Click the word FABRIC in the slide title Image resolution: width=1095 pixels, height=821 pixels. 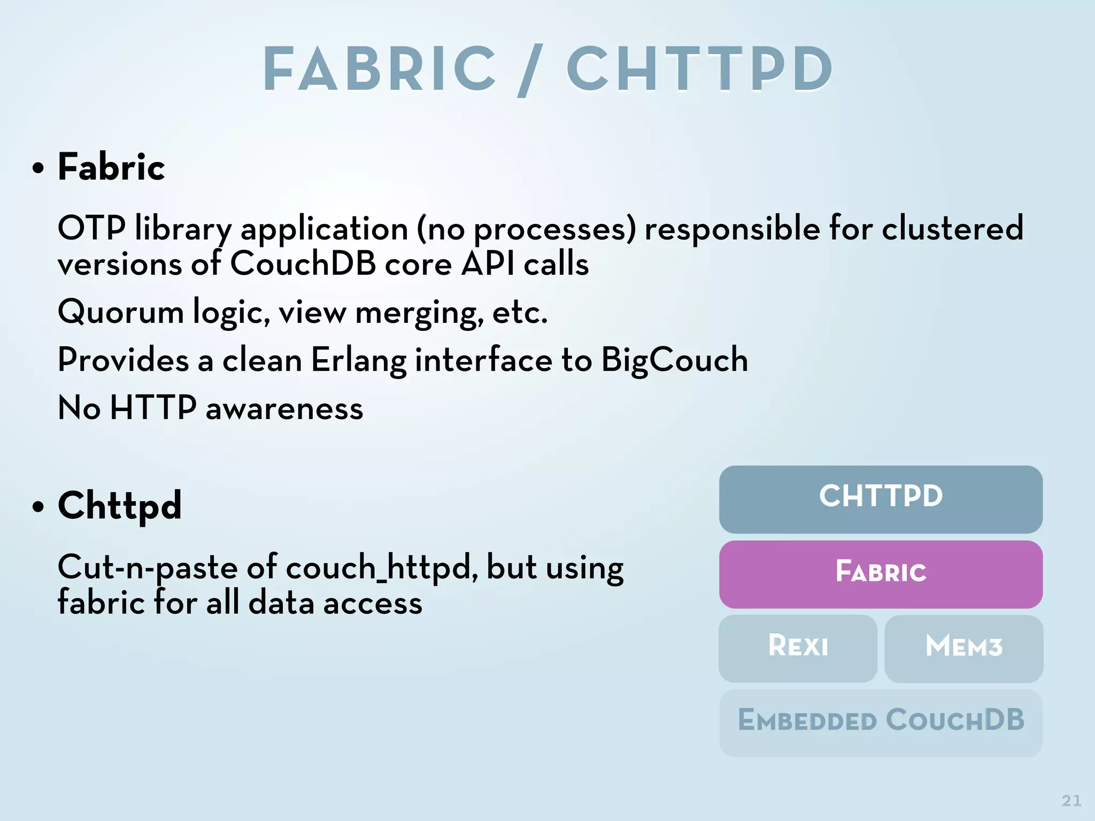380,69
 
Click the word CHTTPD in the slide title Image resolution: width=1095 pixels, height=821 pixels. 699,69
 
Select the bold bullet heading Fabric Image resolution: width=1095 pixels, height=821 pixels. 111,167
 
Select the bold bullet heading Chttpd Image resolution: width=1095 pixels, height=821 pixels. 120,506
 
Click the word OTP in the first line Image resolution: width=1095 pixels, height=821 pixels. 91,228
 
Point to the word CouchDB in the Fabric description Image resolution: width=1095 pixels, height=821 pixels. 303,264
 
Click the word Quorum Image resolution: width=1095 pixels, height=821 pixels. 121,312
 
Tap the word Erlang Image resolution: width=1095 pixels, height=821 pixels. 358,360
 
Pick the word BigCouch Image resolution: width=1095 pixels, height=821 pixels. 674,360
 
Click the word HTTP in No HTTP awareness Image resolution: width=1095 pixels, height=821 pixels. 153,408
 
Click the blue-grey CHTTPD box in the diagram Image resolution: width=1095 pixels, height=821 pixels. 881,499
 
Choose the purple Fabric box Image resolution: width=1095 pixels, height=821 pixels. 881,574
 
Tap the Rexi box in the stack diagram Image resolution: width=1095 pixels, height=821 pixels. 798,648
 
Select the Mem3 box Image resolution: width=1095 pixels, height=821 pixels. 963,648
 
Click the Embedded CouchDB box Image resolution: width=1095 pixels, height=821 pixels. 881,722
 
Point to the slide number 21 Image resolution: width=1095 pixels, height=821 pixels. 1071,801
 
